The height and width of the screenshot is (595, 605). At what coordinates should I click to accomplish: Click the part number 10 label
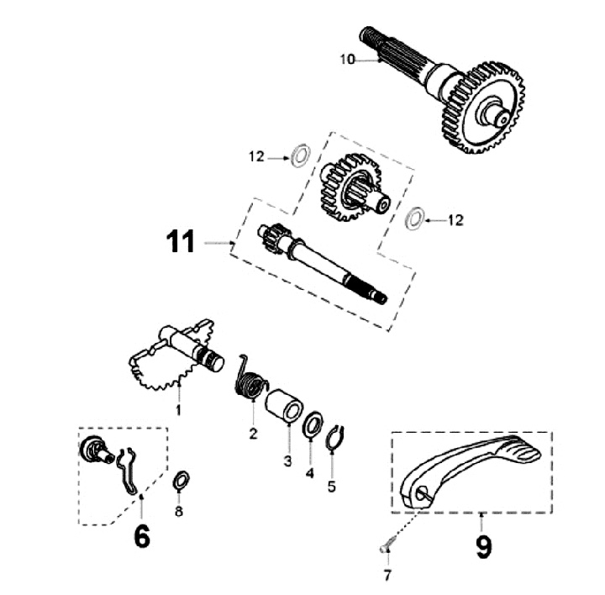348,59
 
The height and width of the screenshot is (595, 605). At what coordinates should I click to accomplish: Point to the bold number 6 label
141,535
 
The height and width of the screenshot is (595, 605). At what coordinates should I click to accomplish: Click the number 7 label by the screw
387,576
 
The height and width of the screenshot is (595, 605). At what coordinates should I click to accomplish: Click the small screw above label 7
384,546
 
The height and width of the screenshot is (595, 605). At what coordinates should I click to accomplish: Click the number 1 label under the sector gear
178,409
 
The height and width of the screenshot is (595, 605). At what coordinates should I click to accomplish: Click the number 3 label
287,461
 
